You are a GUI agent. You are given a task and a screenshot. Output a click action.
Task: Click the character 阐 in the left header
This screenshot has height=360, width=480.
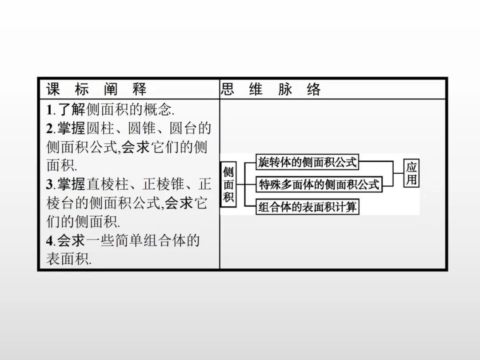pyautogui.click(x=111, y=89)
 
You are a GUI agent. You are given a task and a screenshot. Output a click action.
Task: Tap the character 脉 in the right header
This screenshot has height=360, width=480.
pyautogui.click(x=285, y=89)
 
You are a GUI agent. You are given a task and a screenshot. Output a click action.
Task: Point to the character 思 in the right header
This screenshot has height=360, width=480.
pyautogui.click(x=227, y=89)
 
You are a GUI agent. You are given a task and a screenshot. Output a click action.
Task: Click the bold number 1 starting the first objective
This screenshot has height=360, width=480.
pyautogui.click(x=50, y=109)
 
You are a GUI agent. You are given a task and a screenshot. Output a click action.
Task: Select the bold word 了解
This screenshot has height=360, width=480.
pyautogui.click(x=71, y=109)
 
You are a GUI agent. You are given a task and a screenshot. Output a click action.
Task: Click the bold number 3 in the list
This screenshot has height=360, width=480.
pyautogui.click(x=50, y=184)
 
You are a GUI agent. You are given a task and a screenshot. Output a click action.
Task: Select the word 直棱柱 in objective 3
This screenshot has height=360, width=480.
pyautogui.click(x=108, y=184)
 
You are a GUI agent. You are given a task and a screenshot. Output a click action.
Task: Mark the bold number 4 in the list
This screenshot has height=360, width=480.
pyautogui.click(x=50, y=241)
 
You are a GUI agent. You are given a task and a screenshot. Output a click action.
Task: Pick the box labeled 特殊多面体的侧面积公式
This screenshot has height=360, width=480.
pyautogui.click(x=319, y=184)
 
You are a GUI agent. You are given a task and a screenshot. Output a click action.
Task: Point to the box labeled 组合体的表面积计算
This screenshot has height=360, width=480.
pyautogui.click(x=308, y=207)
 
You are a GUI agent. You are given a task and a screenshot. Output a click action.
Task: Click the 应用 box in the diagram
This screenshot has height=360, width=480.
pyautogui.click(x=411, y=173)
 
